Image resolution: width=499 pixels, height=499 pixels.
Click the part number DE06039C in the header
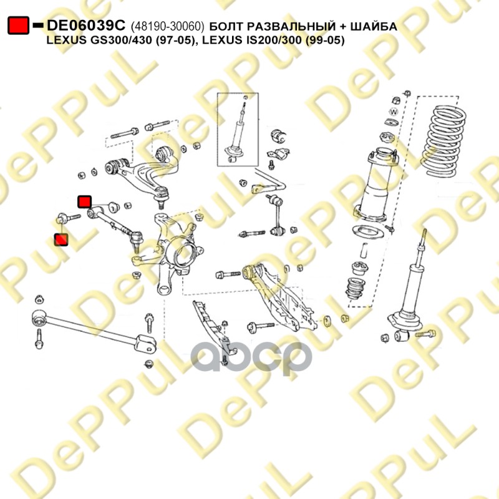pos(86,26)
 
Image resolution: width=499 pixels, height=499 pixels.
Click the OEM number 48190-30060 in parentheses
pos(167,26)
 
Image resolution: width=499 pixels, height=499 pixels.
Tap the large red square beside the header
pos(18,25)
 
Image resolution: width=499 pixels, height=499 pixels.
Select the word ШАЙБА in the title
pos(374,26)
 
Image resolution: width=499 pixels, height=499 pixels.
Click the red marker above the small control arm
pos(85,201)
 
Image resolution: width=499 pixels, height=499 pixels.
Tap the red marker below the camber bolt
pos(61,240)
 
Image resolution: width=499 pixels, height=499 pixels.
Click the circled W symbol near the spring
pos(394,112)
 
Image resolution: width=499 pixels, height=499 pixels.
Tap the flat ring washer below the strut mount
pos(368,231)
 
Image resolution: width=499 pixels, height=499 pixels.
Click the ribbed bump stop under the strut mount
pos(355,289)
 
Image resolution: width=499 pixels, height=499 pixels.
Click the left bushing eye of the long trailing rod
pos(39,317)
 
